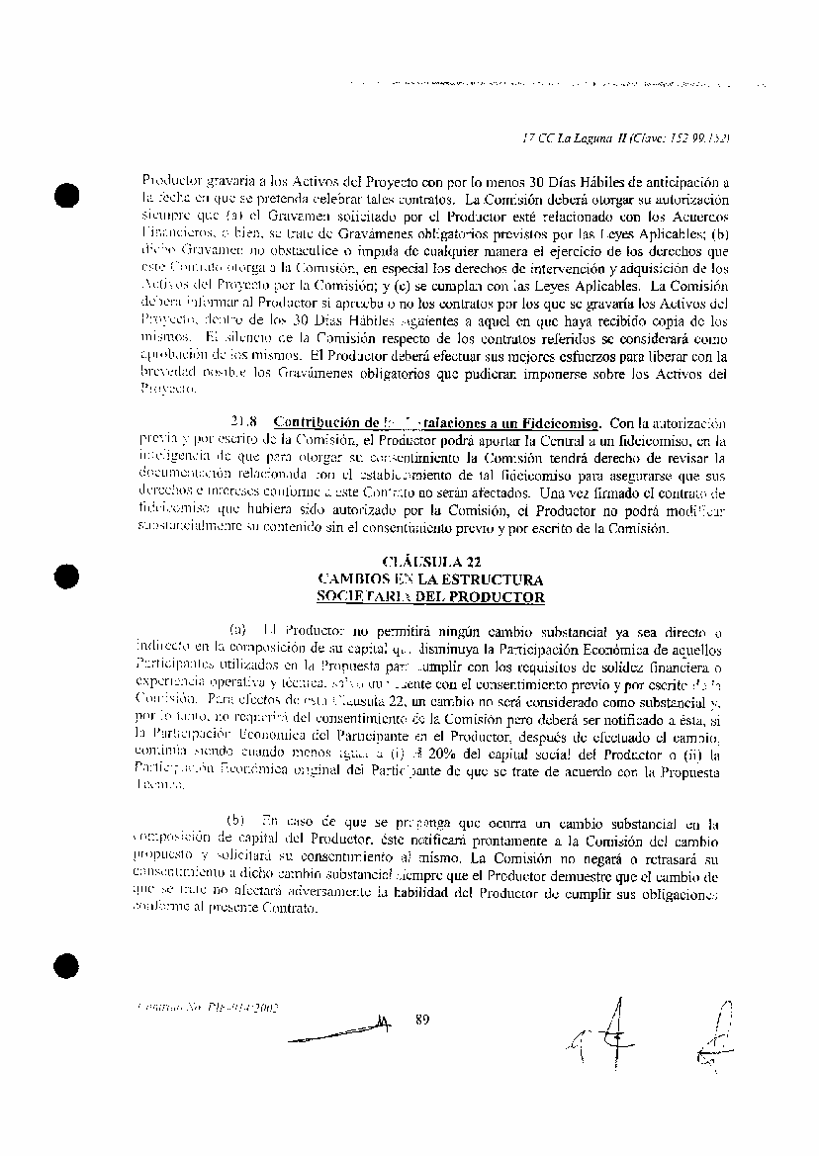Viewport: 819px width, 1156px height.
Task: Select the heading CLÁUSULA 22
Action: (x=429, y=563)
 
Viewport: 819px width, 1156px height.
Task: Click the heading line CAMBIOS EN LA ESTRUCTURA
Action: (x=429, y=580)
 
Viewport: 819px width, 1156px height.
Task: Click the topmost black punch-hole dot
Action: (x=66, y=195)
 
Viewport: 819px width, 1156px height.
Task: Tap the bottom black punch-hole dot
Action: (x=66, y=965)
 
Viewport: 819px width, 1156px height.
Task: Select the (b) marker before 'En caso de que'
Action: (x=236, y=822)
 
